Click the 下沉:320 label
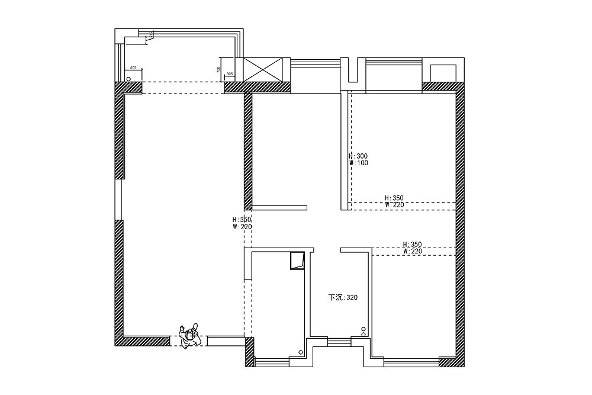coord(343,297)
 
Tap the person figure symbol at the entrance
coord(190,336)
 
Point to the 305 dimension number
coord(230,73)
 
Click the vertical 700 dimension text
coord(218,69)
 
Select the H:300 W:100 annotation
coord(359,159)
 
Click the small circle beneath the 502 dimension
coord(128,78)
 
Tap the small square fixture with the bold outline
coord(297,261)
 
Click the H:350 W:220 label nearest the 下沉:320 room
coord(412,247)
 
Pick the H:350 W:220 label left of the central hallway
coord(242,223)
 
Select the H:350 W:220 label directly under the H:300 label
coord(394,201)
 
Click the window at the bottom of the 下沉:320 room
coord(339,342)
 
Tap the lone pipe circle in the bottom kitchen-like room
coord(301,353)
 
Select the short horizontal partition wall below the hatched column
coord(279,208)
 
